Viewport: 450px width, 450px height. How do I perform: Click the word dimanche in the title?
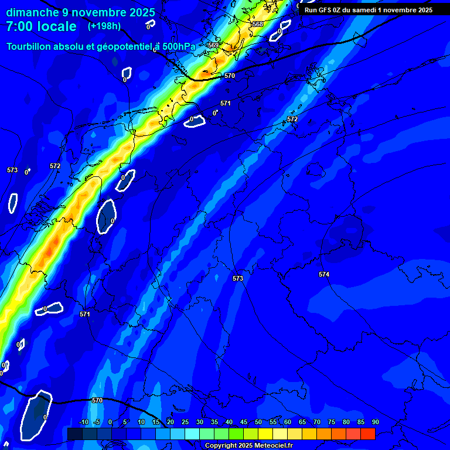(32, 12)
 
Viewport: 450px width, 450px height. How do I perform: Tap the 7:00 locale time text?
(41, 26)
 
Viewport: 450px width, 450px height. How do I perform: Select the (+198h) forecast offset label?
(104, 26)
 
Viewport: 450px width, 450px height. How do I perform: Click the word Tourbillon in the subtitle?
(31, 46)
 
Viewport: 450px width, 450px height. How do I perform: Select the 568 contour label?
(258, 24)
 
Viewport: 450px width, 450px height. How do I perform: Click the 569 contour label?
(213, 45)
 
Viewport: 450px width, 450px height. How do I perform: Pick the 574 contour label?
(324, 274)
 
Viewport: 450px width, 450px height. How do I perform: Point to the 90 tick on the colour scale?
(375, 422)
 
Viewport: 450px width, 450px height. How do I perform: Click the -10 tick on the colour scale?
(83, 422)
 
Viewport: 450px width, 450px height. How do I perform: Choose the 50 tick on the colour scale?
(258, 422)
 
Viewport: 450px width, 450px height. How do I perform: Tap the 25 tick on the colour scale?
(185, 422)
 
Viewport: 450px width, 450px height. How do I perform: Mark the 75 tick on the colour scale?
(332, 422)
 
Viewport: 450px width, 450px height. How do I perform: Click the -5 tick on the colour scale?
(97, 422)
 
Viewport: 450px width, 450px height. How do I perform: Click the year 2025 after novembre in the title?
(141, 12)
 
